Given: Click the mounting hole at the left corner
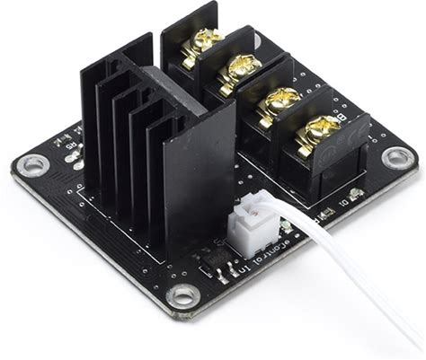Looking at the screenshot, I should tap(34, 164).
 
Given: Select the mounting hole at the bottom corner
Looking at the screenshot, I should tap(183, 295).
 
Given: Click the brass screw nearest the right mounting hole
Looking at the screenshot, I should tap(317, 131).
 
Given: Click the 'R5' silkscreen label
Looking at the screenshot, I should tap(66, 141).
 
